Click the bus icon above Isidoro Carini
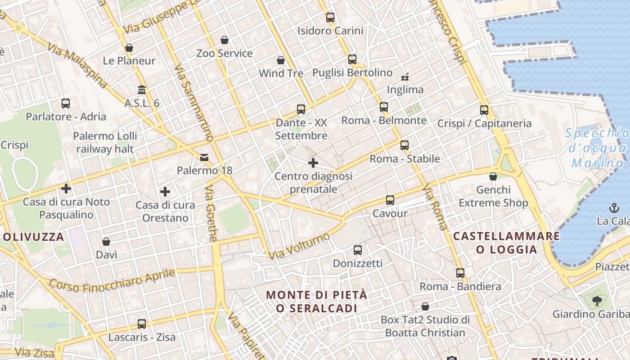pyautogui.click(x=330, y=18)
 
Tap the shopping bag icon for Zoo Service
pyautogui.click(x=225, y=40)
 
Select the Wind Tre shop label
pyautogui.click(x=281, y=73)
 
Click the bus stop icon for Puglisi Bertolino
pyautogui.click(x=352, y=59)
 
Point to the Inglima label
pyautogui.click(x=405, y=90)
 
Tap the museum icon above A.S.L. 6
pyautogui.click(x=142, y=89)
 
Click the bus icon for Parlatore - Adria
pyautogui.click(x=66, y=103)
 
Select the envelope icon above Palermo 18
pyautogui.click(x=204, y=157)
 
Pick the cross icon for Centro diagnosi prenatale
pyautogui.click(x=313, y=162)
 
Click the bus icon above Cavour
pyautogui.click(x=390, y=200)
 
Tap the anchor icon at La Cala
pyautogui.click(x=614, y=208)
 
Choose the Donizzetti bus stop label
pyautogui.click(x=357, y=263)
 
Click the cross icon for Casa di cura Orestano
pyautogui.click(x=165, y=192)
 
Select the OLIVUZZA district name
pyautogui.click(x=34, y=237)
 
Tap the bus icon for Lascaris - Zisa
pyautogui.click(x=142, y=324)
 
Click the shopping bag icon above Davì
pyautogui.click(x=106, y=242)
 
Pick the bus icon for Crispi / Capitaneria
pyautogui.click(x=484, y=110)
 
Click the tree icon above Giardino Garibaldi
pyautogui.click(x=597, y=301)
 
